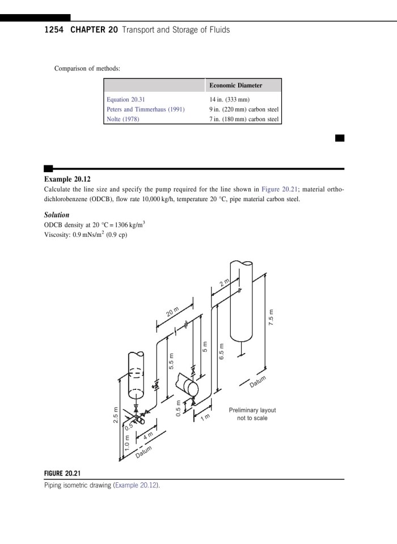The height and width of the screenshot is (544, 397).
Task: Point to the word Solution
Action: pyautogui.click(x=57, y=215)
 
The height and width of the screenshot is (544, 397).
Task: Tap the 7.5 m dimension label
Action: pyautogui.click(x=272, y=315)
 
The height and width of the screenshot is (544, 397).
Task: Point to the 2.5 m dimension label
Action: pyautogui.click(x=115, y=415)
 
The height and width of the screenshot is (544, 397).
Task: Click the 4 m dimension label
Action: pyautogui.click(x=149, y=436)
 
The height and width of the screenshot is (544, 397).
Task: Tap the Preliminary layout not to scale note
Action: pyautogui.click(x=252, y=414)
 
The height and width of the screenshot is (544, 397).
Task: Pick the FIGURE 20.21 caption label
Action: pyautogui.click(x=66, y=473)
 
